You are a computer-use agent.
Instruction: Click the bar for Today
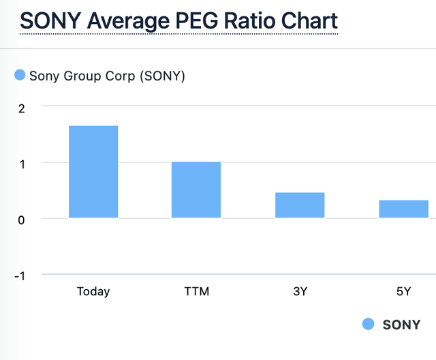(93, 172)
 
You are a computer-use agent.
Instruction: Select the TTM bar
(196, 190)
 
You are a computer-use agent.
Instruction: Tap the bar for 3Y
(300, 205)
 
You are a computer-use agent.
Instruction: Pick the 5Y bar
(403, 209)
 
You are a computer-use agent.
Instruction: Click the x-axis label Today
(93, 292)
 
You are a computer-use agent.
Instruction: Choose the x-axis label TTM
(196, 292)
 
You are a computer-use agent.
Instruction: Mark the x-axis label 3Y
(300, 292)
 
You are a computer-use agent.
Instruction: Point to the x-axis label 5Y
(403, 292)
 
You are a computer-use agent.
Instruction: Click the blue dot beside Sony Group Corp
(20, 75)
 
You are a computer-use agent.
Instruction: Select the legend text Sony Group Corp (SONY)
(107, 76)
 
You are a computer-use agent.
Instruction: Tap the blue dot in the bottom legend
(369, 325)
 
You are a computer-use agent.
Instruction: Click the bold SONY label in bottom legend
(402, 325)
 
